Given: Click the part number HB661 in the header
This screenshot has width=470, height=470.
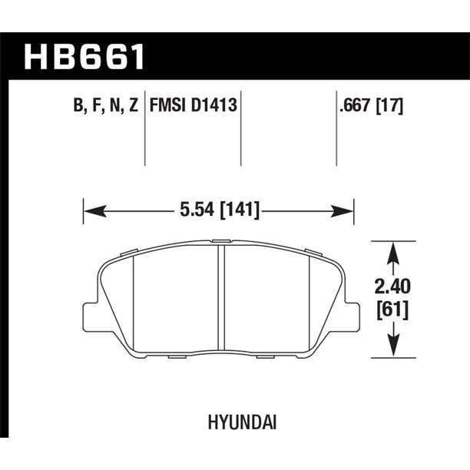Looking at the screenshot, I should [x=84, y=58].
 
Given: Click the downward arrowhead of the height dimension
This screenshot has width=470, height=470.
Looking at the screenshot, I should [x=392, y=349].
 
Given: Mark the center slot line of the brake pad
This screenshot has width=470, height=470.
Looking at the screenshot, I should [x=222, y=300].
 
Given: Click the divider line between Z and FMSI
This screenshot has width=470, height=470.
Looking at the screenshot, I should [x=145, y=134].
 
